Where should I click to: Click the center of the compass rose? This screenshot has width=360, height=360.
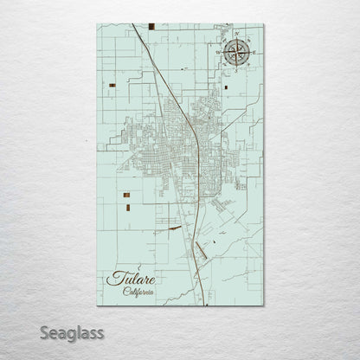[235, 52]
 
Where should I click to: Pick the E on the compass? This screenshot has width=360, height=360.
[252, 52]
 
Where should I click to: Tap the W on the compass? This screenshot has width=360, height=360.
[217, 52]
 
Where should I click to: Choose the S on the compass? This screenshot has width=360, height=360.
[235, 69]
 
